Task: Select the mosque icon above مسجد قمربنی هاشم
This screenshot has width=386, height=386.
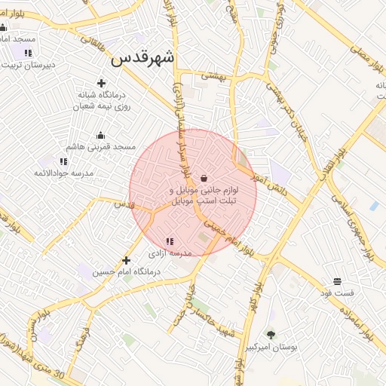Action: click(x=100, y=136)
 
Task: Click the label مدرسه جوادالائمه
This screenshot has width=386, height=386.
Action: click(x=63, y=173)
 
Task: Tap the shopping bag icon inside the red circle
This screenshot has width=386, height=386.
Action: click(x=204, y=178)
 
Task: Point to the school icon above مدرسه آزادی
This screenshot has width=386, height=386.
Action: click(x=169, y=241)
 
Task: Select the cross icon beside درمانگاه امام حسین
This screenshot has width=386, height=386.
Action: click(x=126, y=260)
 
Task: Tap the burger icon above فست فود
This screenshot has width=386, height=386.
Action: click(x=336, y=281)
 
